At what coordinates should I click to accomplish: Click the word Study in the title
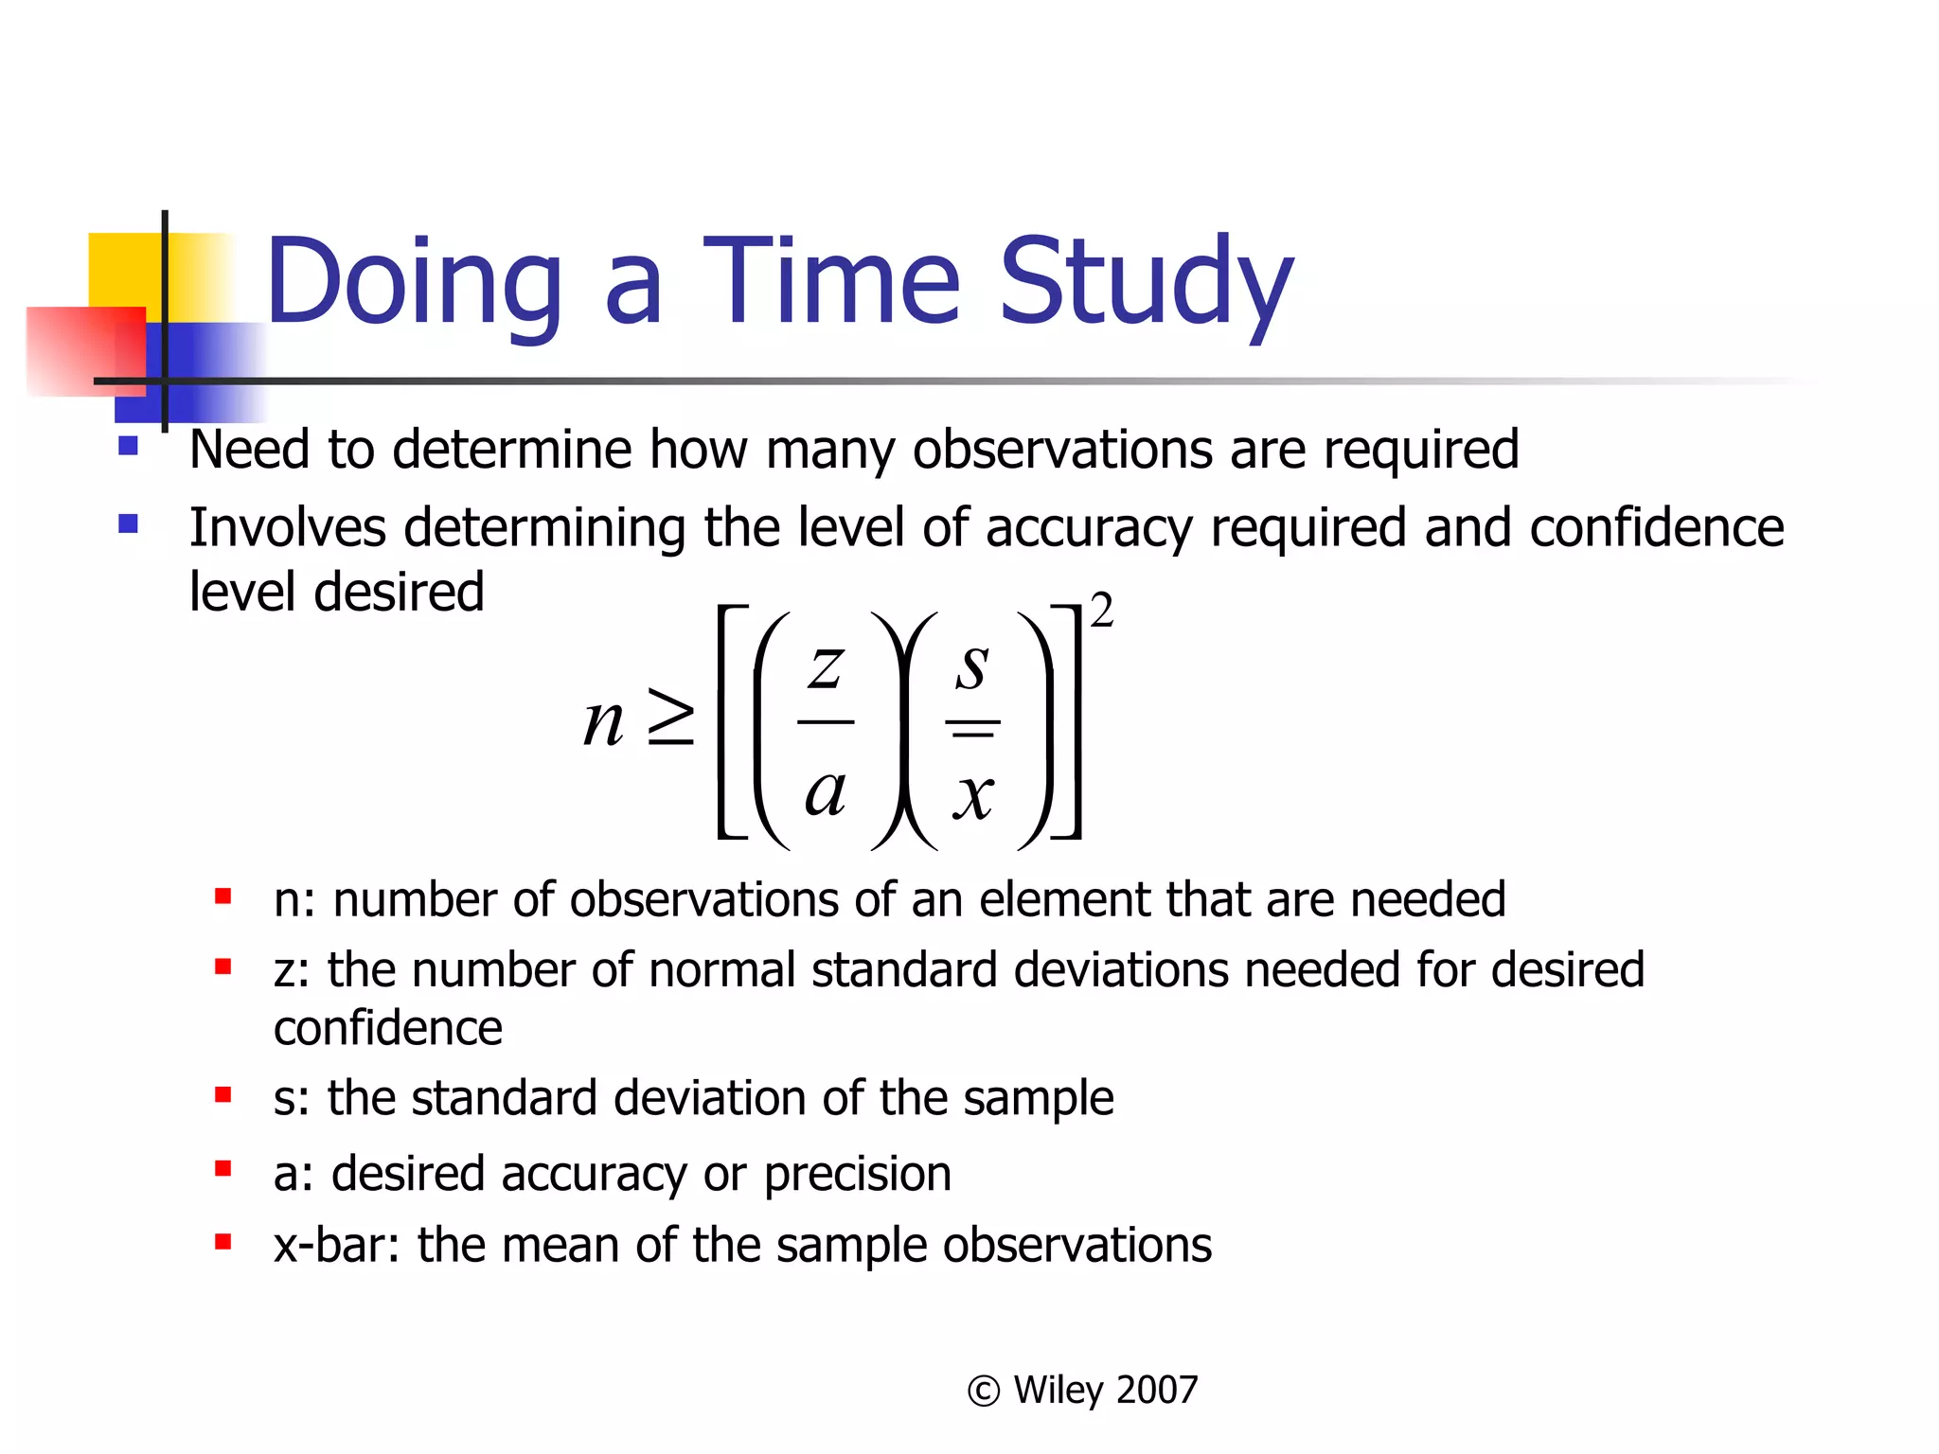click(x=1146, y=282)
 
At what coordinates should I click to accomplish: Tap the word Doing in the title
click(x=414, y=282)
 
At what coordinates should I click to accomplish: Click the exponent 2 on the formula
click(x=1101, y=611)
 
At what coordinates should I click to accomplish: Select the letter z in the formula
click(x=825, y=666)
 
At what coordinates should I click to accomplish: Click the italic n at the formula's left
click(x=603, y=721)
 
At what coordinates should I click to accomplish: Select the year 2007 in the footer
click(x=1157, y=1390)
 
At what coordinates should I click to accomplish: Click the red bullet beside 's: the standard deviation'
click(x=223, y=1095)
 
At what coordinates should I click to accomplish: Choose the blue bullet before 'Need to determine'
click(x=129, y=446)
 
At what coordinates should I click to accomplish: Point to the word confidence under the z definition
click(x=387, y=1028)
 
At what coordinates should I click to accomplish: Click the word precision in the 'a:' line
click(x=857, y=1175)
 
